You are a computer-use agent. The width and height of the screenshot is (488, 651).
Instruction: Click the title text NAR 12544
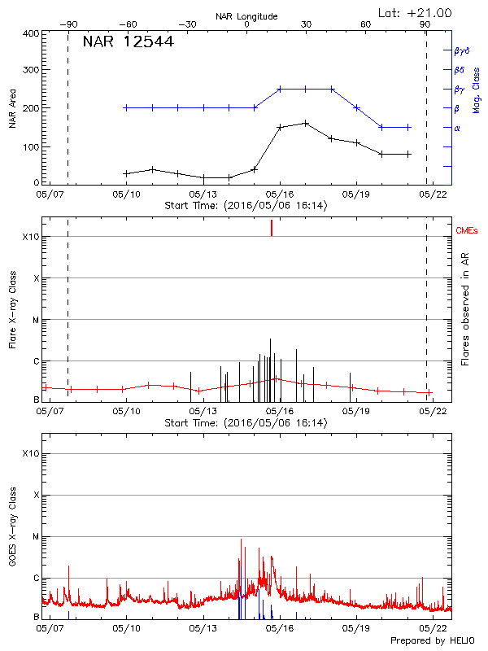pos(129,42)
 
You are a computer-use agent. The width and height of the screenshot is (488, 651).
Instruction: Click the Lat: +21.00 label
pos(416,13)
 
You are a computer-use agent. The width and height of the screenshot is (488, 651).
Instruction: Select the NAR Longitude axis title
pos(246,15)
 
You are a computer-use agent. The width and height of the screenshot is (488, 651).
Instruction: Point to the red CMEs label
pos(467,232)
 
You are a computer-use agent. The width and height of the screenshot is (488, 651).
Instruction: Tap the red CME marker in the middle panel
pos(272,229)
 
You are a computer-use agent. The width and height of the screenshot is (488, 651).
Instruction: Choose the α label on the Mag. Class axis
pos(457,128)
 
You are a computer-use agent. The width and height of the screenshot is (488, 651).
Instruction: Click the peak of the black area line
pos(305,123)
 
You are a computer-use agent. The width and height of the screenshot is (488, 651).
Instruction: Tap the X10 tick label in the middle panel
pos(31,237)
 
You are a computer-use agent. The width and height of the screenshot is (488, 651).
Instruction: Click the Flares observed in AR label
pos(464,308)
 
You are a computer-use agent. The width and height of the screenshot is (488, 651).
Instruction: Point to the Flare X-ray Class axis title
pos(12,309)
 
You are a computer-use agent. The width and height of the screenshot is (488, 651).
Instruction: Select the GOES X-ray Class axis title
pos(12,527)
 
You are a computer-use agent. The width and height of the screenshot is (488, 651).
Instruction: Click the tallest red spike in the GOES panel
pos(241,540)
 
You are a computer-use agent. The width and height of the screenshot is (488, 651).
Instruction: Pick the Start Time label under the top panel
pos(246,205)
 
